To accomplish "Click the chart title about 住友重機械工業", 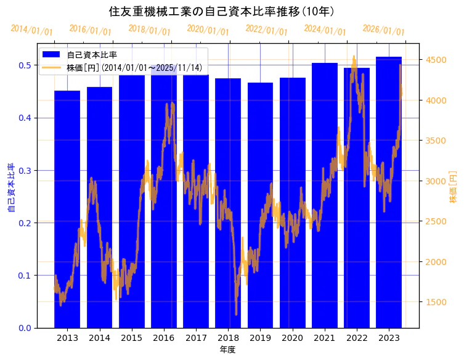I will tap(221, 12).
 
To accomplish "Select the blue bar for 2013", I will tap(67, 210).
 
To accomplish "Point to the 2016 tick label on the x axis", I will tap(163, 338).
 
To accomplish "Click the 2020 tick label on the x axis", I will tap(292, 338).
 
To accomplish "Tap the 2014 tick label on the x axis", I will tap(99, 338).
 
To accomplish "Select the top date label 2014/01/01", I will tap(31, 30).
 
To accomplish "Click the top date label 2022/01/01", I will tap(266, 30).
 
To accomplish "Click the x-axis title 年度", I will tap(227, 350).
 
